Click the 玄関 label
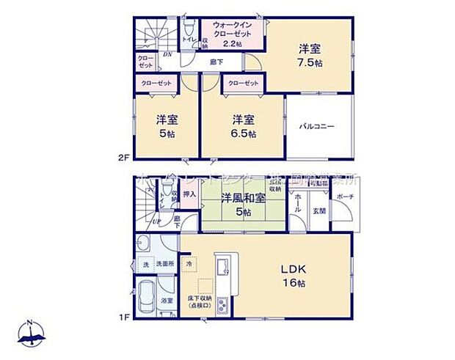click(321, 211)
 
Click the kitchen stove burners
click(222, 303)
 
